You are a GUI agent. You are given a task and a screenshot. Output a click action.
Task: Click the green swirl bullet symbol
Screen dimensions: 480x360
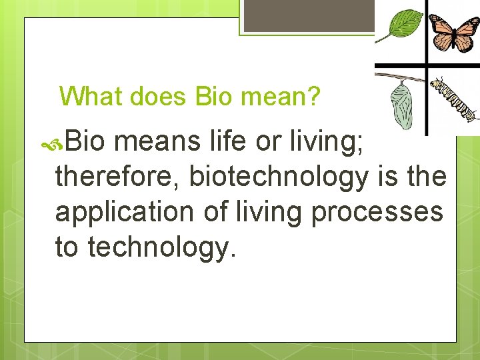click(52, 145)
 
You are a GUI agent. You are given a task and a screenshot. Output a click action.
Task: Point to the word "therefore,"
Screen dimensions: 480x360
click(116, 177)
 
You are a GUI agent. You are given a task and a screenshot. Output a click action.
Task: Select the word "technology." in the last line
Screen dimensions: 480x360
click(161, 248)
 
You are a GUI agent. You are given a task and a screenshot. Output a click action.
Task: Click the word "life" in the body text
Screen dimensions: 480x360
click(227, 141)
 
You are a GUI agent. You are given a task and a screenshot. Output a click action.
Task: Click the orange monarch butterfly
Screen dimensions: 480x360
click(454, 33)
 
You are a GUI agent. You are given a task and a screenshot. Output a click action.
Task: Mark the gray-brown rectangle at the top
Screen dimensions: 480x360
click(309, 15)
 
